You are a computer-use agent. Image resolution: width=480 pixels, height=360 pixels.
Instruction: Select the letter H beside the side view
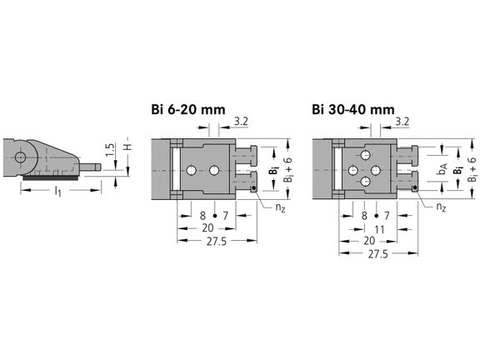click(x=126, y=144)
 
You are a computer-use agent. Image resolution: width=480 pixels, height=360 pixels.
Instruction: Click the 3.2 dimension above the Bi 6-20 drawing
click(x=242, y=122)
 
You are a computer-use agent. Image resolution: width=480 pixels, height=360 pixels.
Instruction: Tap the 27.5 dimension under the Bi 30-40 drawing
click(x=377, y=253)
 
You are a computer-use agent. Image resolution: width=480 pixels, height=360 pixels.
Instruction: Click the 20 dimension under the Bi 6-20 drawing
click(x=208, y=227)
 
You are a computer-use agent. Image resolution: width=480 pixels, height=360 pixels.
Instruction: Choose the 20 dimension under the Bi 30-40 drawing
click(x=369, y=240)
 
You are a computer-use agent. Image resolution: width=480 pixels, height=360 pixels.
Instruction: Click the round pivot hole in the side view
click(x=18, y=156)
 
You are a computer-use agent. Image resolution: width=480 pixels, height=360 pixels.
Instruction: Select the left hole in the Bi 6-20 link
click(x=191, y=170)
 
